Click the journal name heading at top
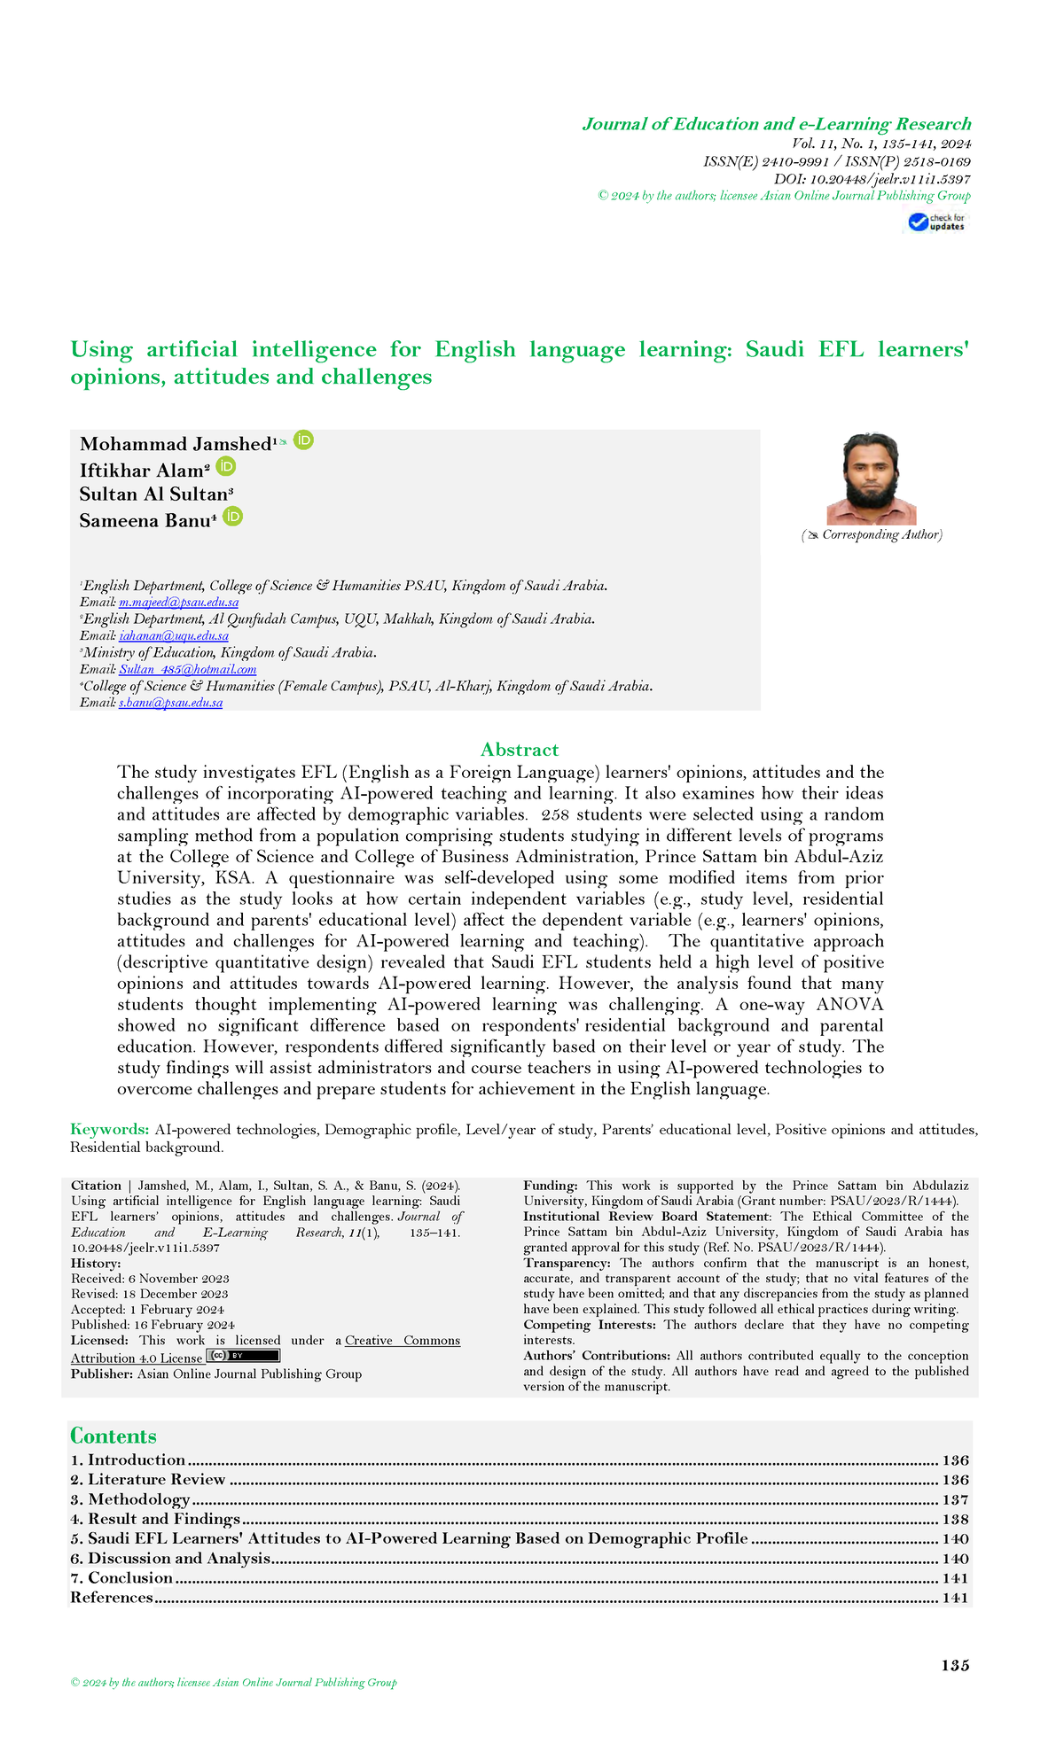coord(776,124)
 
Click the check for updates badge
coord(937,222)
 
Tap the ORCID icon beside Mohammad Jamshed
coord(303,440)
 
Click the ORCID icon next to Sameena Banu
coord(232,517)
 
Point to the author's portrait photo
coord(871,479)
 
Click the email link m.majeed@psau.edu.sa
coord(178,603)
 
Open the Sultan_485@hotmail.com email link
coord(187,670)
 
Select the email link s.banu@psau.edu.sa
coord(170,703)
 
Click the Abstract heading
coord(520,750)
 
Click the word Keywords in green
coord(109,1130)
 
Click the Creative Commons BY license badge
coord(243,1356)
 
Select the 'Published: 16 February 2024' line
coord(153,1325)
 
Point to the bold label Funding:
coord(551,1186)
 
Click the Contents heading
coord(113,1436)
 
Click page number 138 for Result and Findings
coord(955,1520)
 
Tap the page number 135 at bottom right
coord(955,1666)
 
